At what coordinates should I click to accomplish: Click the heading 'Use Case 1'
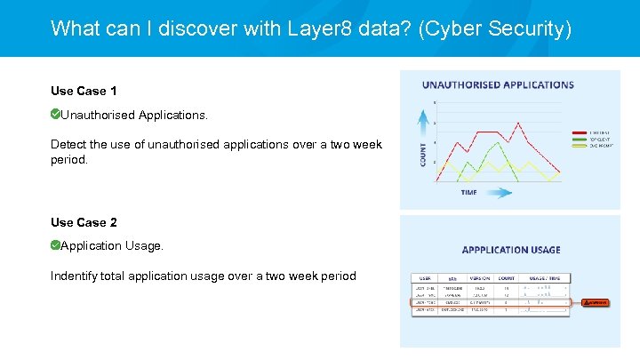[x=84, y=91]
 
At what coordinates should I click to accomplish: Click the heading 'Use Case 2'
[x=84, y=222]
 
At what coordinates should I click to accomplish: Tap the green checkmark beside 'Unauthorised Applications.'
[x=56, y=114]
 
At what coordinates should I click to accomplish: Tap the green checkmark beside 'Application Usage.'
[x=56, y=244]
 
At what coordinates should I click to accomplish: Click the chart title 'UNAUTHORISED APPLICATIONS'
[x=498, y=85]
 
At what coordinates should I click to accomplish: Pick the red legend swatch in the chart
[x=576, y=132]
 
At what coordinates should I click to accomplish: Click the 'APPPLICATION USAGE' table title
[x=510, y=250]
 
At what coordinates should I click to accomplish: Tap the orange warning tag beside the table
[x=596, y=302]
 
